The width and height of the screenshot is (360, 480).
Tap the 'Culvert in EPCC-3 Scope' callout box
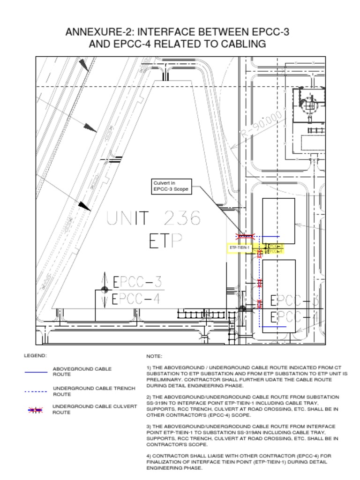[x=171, y=186]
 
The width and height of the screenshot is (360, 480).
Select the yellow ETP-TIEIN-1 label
[x=240, y=247]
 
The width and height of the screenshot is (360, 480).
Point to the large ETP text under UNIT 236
[x=165, y=241]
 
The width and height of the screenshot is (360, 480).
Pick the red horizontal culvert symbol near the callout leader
[x=246, y=236]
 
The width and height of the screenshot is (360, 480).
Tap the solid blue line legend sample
[x=36, y=372]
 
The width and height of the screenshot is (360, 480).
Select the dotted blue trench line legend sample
[x=36, y=391]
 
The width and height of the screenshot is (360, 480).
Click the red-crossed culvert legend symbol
[x=36, y=410]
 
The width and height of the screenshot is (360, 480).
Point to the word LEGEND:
[x=35, y=356]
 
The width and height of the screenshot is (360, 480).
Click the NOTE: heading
[x=154, y=357]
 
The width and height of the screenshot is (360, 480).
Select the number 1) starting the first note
[x=149, y=368]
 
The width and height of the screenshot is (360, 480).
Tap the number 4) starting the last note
[x=149, y=456]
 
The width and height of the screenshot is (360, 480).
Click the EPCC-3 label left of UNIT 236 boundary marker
[x=137, y=282]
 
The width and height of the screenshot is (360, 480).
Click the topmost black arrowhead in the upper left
[x=83, y=65]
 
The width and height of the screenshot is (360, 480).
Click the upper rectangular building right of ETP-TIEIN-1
[x=278, y=220]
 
